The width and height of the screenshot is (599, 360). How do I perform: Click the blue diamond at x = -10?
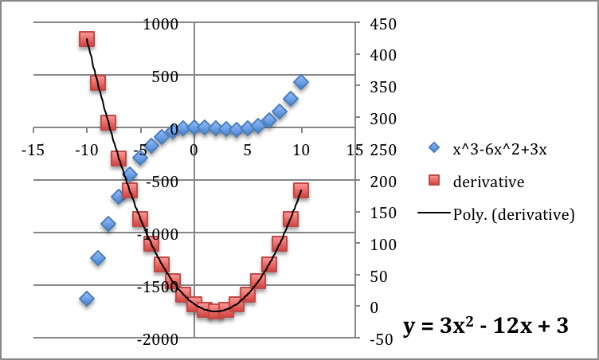(x=87, y=299)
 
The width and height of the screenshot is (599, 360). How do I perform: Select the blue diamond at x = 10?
(x=301, y=82)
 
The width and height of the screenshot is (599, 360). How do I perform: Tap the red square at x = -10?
(x=87, y=39)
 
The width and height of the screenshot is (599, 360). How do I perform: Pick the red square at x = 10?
(x=301, y=190)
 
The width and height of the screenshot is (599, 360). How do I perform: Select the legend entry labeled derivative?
(x=488, y=182)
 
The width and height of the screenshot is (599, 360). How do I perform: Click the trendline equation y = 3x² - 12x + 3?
(x=485, y=326)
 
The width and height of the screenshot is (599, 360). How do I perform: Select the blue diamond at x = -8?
(x=108, y=224)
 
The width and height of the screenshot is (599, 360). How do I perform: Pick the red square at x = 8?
(x=280, y=244)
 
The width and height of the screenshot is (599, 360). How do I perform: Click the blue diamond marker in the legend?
(x=433, y=148)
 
